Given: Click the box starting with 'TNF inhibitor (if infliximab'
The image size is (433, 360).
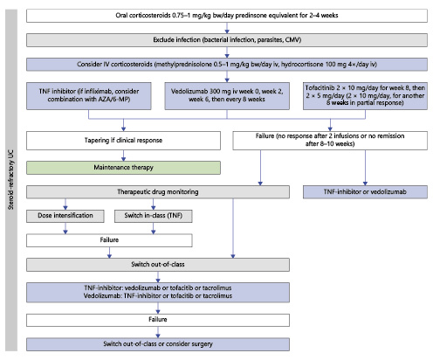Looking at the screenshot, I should point(83,98).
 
